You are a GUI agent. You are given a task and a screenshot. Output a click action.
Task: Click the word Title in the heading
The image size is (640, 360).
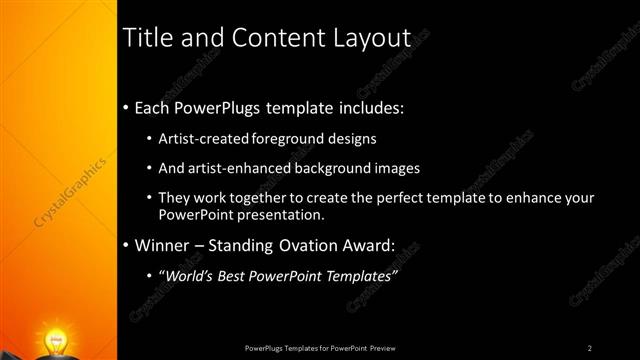click(x=145, y=38)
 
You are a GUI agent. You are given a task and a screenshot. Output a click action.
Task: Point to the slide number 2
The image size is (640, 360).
click(x=590, y=347)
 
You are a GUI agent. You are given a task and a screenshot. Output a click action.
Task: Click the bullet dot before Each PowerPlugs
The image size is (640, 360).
click(x=125, y=108)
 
